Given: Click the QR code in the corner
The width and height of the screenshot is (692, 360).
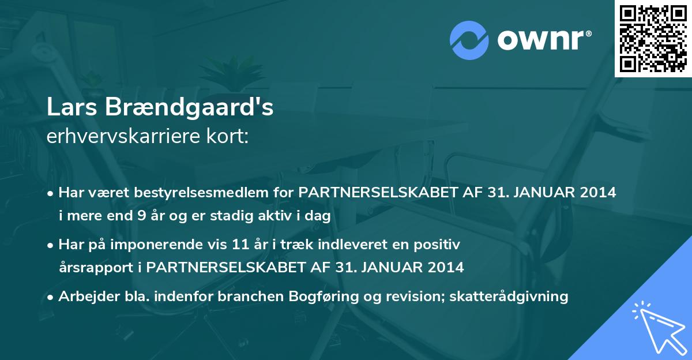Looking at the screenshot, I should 653,39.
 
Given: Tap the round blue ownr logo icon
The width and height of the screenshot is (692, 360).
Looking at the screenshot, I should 469,41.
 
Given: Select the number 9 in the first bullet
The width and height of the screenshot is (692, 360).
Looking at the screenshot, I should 139,217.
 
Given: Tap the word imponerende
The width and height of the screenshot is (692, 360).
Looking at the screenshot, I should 158,245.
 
